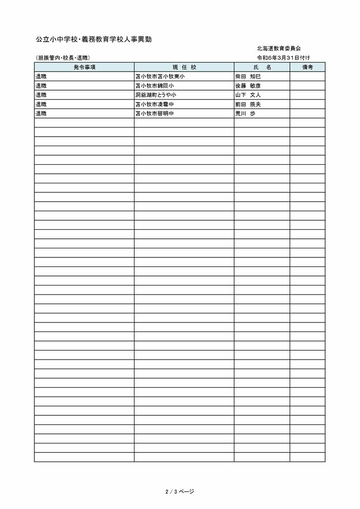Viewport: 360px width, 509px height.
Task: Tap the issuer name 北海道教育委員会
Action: pyautogui.click(x=280, y=48)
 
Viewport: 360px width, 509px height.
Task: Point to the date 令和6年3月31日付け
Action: pyautogui.click(x=283, y=57)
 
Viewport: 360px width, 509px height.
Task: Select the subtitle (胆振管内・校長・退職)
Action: pyautogui.click(x=62, y=58)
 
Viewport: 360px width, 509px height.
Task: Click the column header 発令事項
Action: pyautogui.click(x=84, y=67)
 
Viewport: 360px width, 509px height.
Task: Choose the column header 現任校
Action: pyautogui.click(x=184, y=67)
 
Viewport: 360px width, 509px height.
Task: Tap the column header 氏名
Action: pyautogui.click(x=262, y=67)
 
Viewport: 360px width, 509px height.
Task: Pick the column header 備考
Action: pyautogui.click(x=308, y=67)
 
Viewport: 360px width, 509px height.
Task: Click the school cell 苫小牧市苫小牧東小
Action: pyautogui.click(x=160, y=76)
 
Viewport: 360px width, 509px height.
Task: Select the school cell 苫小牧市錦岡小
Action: pyautogui.click(x=155, y=86)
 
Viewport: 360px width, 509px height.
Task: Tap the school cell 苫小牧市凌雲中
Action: pyautogui.click(x=155, y=104)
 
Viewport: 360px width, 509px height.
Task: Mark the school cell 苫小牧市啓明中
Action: pyautogui.click(x=155, y=113)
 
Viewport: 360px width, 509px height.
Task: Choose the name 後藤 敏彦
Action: pyautogui.click(x=248, y=86)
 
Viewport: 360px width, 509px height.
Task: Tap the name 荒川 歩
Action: pyautogui.click(x=245, y=113)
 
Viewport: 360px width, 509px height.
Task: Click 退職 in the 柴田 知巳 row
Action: pyautogui.click(x=41, y=76)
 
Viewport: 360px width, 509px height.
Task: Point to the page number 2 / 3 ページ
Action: pyautogui.click(x=179, y=492)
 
